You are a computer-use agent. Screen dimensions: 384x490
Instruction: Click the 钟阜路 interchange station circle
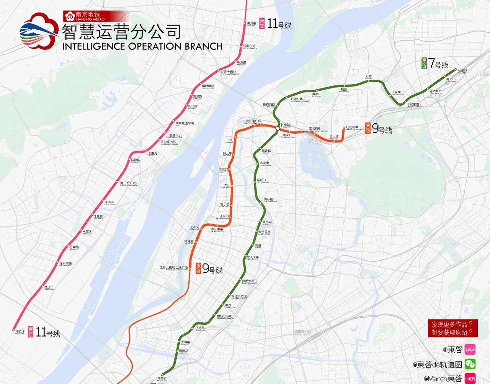(278, 128)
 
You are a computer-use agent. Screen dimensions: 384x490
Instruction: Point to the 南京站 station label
(315, 129)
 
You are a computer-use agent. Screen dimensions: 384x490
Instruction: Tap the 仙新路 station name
(462, 71)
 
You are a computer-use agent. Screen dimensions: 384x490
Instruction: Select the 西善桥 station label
(162, 378)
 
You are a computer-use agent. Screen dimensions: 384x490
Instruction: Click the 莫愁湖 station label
(267, 222)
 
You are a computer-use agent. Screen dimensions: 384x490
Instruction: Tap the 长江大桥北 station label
(229, 72)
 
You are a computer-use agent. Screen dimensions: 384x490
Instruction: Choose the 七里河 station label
(153, 154)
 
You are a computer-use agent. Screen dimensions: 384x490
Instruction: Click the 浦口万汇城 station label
(128, 183)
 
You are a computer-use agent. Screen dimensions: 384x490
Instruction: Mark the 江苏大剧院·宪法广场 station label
(174, 268)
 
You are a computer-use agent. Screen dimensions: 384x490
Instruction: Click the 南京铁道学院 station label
(185, 123)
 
